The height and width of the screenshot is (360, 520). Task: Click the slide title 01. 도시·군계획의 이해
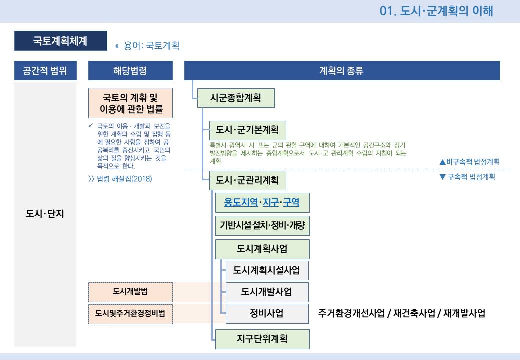coord(436,11)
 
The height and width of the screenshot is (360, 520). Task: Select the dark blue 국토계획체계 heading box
coord(60,41)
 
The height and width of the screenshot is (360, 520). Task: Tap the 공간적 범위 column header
coord(45,71)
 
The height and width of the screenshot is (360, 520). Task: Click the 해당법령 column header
coord(130,71)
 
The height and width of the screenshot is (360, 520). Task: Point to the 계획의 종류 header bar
coord(342,71)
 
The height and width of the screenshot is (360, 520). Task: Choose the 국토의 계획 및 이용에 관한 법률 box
coord(130,103)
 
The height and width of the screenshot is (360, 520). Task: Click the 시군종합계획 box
coord(236,98)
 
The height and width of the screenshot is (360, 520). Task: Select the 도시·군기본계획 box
coord(247,130)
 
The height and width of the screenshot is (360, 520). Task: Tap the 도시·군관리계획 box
coord(247,180)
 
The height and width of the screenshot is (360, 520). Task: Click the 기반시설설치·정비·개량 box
coord(262,226)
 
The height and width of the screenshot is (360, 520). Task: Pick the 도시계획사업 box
coord(262,249)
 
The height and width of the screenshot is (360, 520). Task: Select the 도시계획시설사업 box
coord(267,270)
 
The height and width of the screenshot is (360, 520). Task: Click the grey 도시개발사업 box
coord(267,292)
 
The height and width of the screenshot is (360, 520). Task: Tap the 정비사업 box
coord(267,314)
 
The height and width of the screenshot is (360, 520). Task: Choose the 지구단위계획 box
coord(262,339)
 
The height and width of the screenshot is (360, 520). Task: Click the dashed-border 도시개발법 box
coord(130,292)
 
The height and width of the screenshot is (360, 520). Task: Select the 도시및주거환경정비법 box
coord(130,314)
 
